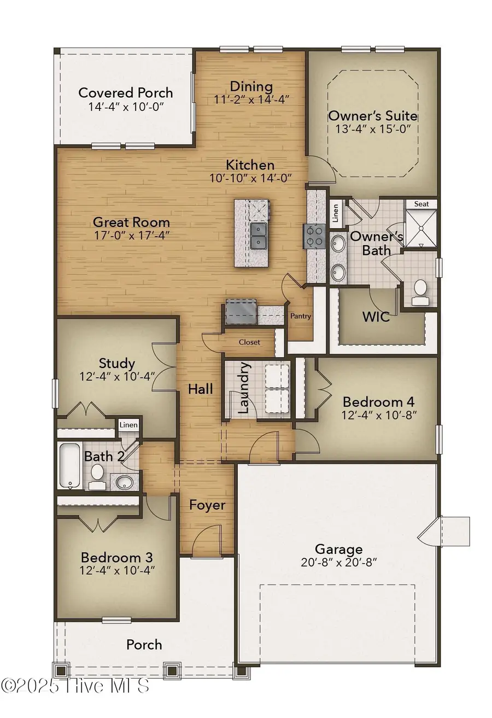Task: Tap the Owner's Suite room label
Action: click(x=373, y=116)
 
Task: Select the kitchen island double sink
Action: click(x=259, y=235)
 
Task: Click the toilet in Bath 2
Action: click(x=98, y=476)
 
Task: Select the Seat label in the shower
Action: click(x=421, y=204)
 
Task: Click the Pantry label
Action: click(x=300, y=316)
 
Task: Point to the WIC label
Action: click(x=376, y=317)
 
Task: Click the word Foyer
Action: click(x=207, y=505)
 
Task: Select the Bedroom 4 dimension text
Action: click(x=380, y=415)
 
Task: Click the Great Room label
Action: click(x=131, y=223)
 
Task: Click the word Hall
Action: click(x=201, y=389)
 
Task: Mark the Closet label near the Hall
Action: click(x=249, y=342)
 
